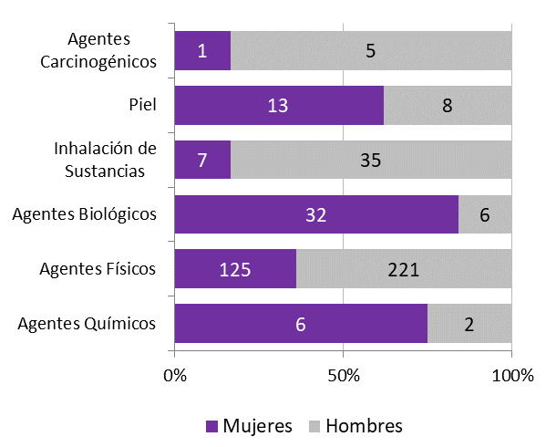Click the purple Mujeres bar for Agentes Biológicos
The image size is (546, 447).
[315, 214]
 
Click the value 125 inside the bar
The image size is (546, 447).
[234, 269]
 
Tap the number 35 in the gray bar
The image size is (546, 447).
[370, 160]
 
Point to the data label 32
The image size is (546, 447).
[315, 214]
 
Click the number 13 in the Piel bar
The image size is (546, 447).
[279, 105]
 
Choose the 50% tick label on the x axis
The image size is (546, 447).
[343, 376]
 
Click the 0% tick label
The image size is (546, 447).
[174, 376]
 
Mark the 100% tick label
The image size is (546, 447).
[510, 376]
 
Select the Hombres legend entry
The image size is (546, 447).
[355, 426]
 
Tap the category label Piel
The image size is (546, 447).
[141, 104]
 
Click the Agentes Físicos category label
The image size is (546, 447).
[98, 268]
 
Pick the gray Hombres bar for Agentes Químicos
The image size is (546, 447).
[469, 324]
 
